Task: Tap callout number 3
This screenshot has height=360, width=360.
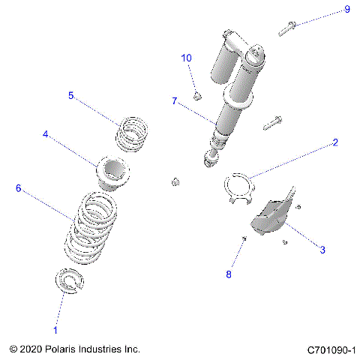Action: point(322,250)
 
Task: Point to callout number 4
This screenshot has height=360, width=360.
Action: point(46,135)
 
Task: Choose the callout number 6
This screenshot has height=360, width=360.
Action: point(18,188)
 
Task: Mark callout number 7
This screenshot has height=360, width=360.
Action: point(174,100)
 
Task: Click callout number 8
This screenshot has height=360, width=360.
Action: point(229,274)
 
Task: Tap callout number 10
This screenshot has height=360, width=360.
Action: point(187,58)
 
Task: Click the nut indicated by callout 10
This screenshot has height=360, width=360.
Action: point(196,94)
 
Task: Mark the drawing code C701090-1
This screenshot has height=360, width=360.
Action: point(331,350)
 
